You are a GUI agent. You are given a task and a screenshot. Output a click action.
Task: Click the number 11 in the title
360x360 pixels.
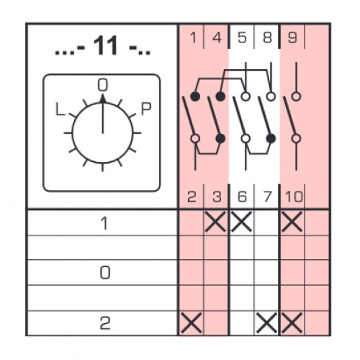[106, 45]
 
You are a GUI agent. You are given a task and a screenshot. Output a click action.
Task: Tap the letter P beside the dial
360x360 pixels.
[146, 109]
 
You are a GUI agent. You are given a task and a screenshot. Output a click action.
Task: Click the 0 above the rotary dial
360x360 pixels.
[103, 85]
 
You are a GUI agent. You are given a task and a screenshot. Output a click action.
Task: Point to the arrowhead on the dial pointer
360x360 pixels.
[103, 99]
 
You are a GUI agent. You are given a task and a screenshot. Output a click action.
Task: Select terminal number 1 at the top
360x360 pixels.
[193, 37]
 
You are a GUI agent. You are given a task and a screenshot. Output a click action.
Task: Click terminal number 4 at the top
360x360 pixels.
[217, 37]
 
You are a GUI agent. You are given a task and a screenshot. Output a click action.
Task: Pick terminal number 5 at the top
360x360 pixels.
[242, 37]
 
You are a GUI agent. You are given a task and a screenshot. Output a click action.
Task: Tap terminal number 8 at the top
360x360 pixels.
[267, 37]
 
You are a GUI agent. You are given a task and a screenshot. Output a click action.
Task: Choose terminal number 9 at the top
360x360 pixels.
[292, 37]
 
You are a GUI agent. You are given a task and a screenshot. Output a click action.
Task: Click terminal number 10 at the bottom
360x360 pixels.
[294, 197]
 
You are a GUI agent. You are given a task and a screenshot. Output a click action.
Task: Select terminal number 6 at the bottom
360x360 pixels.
[242, 197]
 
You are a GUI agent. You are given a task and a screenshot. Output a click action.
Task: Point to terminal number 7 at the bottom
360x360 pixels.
[267, 197]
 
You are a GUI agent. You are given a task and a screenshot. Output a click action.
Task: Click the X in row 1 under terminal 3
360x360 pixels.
[215, 222]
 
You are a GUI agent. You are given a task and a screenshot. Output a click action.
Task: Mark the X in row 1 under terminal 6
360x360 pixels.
[241, 222]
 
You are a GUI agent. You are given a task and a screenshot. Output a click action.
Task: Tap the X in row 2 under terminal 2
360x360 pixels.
[192, 323]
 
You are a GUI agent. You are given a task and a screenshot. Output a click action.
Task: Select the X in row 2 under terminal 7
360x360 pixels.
[266, 323]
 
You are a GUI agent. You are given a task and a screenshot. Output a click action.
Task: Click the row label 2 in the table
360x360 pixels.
[105, 323]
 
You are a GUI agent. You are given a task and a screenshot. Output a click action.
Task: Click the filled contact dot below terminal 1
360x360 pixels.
[195, 96]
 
